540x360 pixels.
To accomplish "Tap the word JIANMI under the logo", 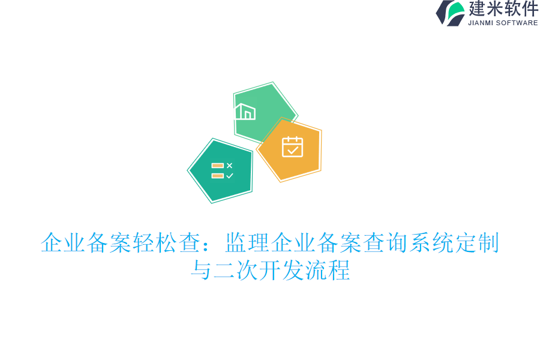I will tap(481, 23).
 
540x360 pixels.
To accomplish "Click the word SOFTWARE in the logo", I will tap(517, 23).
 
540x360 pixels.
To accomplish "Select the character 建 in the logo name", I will tap(477, 9).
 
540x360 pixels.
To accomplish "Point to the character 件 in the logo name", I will tap(530, 9).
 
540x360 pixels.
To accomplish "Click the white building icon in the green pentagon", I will tap(245, 112).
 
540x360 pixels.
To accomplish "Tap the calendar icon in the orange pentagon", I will tap(292, 146).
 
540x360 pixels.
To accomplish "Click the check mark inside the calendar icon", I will tap(292, 151).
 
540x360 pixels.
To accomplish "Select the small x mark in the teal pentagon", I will tap(229, 165).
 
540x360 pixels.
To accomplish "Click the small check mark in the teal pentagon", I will tap(229, 176).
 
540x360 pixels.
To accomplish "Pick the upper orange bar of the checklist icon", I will tap(217, 165).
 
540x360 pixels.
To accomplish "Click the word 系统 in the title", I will tap(430, 243).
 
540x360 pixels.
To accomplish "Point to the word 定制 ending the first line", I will tap(476, 243).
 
